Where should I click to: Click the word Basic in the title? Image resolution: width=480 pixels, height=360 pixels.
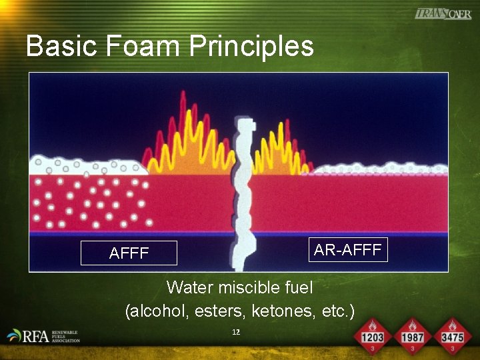click(x=59, y=47)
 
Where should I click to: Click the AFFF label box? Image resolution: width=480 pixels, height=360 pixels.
click(x=129, y=253)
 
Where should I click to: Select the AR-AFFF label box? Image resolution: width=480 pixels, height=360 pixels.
click(x=347, y=250)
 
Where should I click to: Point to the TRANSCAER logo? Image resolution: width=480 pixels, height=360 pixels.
click(x=443, y=13)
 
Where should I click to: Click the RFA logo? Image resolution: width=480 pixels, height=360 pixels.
click(x=44, y=336)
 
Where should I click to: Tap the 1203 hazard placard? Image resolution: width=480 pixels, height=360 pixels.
click(x=372, y=337)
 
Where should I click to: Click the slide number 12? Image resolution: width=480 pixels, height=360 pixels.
click(x=236, y=331)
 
